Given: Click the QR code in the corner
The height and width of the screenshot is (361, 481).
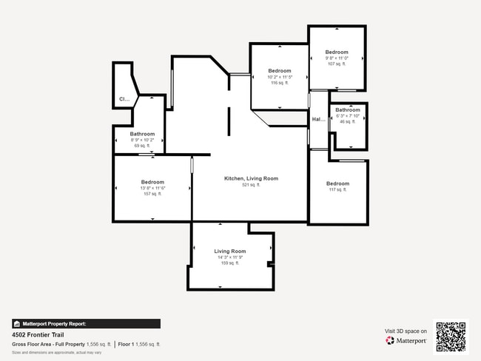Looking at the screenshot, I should pyautogui.click(x=451, y=336).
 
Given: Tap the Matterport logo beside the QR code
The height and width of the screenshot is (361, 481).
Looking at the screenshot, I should pyautogui.click(x=406, y=341).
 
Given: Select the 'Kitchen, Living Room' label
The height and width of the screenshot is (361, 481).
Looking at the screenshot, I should pyautogui.click(x=251, y=178).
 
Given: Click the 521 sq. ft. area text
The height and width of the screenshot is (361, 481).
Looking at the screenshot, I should pyautogui.click(x=251, y=185).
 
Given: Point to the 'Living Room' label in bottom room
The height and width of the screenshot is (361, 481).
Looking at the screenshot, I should pyautogui.click(x=230, y=252).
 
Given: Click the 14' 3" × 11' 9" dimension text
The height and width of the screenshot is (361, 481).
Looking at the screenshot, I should pyautogui.click(x=230, y=257).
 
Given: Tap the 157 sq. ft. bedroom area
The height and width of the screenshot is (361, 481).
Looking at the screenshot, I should pyautogui.click(x=152, y=195).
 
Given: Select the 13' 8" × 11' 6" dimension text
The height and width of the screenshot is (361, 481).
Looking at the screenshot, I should pyautogui.click(x=152, y=189).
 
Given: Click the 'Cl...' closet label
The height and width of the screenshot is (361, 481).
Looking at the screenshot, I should pyautogui.click(x=124, y=99).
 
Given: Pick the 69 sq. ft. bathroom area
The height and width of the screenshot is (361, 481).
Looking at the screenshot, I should pyautogui.click(x=142, y=146).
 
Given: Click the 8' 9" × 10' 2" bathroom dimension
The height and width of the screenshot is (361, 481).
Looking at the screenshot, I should pyautogui.click(x=142, y=140).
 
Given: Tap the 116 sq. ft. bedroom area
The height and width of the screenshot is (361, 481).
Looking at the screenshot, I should pyautogui.click(x=280, y=83).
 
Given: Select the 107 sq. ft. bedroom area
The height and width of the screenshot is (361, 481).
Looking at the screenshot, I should pyautogui.click(x=337, y=64).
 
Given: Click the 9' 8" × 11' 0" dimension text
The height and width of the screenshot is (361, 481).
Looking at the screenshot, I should pyautogui.click(x=337, y=58).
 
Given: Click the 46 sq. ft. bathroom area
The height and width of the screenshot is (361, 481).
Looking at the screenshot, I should pyautogui.click(x=347, y=122).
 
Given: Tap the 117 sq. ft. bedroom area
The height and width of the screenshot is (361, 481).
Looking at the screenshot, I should pyautogui.click(x=337, y=190).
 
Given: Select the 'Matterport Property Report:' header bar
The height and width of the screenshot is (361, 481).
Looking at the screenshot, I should pyautogui.click(x=86, y=323).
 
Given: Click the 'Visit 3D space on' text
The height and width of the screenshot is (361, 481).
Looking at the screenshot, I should pyautogui.click(x=406, y=331).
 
